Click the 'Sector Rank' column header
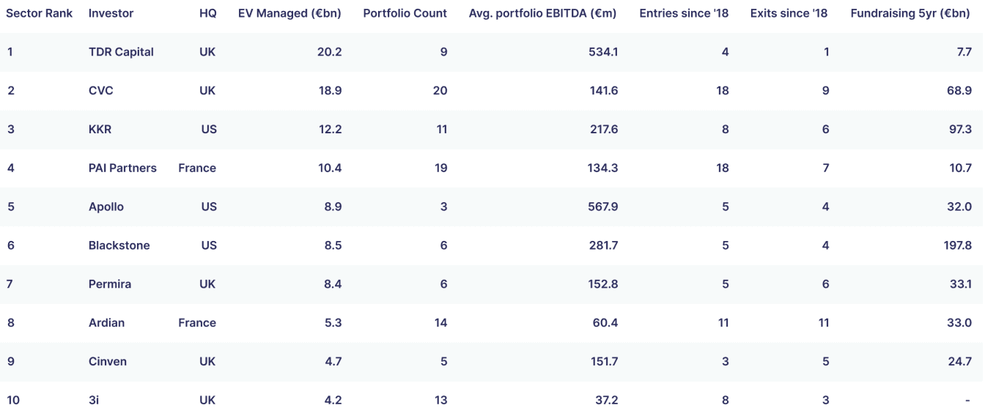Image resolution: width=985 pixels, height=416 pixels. click(39, 13)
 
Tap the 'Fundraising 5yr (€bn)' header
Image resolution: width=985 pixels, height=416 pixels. click(910, 14)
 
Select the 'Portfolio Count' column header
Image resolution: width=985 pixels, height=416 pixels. click(405, 13)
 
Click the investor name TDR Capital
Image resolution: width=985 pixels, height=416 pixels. click(121, 52)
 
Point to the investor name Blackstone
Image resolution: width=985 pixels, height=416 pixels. click(119, 245)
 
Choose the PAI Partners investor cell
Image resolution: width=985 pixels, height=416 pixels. click(122, 168)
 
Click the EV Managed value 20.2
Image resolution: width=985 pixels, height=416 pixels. click(329, 52)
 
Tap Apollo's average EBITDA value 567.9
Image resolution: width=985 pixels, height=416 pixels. click(603, 207)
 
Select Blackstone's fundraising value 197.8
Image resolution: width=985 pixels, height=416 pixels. click(957, 245)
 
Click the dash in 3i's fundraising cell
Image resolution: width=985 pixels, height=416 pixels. click(967, 400)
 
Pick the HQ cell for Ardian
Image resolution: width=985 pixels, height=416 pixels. click(197, 322)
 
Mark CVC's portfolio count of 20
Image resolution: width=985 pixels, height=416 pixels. click(440, 91)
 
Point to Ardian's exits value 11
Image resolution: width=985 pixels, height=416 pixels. click(824, 322)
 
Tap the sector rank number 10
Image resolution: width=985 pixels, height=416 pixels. click(13, 400)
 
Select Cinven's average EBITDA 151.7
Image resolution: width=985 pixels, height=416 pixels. click(604, 361)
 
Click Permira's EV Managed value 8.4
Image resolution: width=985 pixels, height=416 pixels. click(333, 283)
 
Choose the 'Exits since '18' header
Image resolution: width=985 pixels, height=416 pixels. click(789, 13)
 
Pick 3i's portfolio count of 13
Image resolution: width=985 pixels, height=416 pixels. click(440, 400)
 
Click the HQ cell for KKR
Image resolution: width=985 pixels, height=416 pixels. click(209, 129)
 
